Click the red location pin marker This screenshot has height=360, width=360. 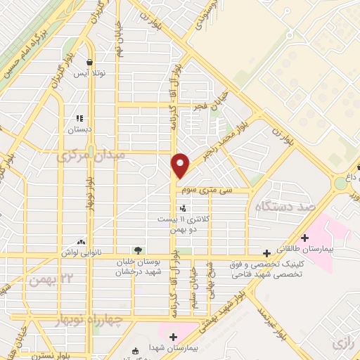[x=181, y=165]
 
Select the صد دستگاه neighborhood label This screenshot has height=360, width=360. [x=283, y=207]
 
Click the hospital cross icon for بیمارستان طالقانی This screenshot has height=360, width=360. [x=304, y=238]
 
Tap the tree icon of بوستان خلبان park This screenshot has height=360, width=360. [x=138, y=250]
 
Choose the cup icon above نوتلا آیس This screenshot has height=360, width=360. [x=89, y=62]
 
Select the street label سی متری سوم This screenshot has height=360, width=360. [x=225, y=190]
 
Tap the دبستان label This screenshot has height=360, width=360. [x=79, y=130]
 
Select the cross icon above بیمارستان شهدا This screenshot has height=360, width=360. [x=173, y=337]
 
